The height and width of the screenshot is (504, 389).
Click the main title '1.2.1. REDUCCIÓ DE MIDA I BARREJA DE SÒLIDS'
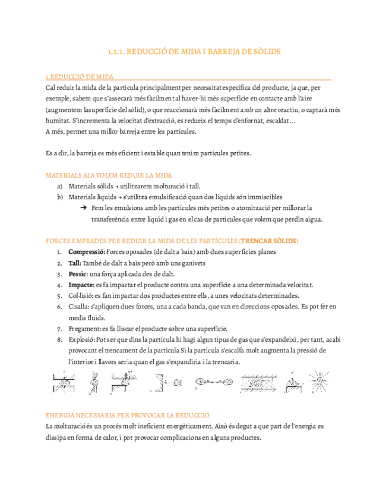[194, 52]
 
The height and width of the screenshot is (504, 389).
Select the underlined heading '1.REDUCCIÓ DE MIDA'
[80, 77]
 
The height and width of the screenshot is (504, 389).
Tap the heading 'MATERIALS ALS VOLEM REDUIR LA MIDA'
[109, 175]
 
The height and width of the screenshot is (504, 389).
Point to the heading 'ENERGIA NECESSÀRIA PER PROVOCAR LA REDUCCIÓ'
[128, 415]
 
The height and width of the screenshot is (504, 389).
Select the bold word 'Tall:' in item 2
[75, 263]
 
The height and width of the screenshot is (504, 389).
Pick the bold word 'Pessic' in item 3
[77, 274]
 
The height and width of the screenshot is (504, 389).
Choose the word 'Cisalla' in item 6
[78, 307]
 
